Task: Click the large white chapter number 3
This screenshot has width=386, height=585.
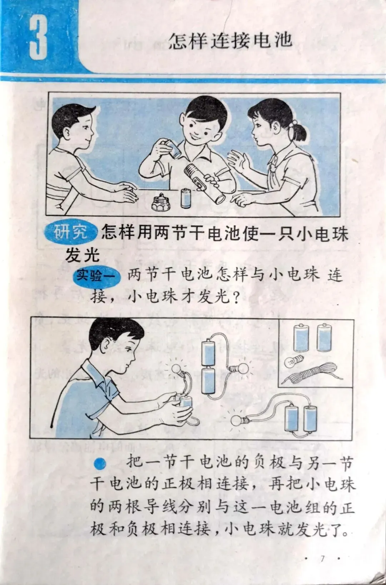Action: click(38, 37)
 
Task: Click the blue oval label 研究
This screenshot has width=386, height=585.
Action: click(71, 232)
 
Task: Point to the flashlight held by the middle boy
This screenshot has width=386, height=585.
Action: click(204, 182)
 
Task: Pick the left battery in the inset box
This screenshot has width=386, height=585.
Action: click(301, 337)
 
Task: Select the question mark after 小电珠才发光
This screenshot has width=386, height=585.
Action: click(236, 297)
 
